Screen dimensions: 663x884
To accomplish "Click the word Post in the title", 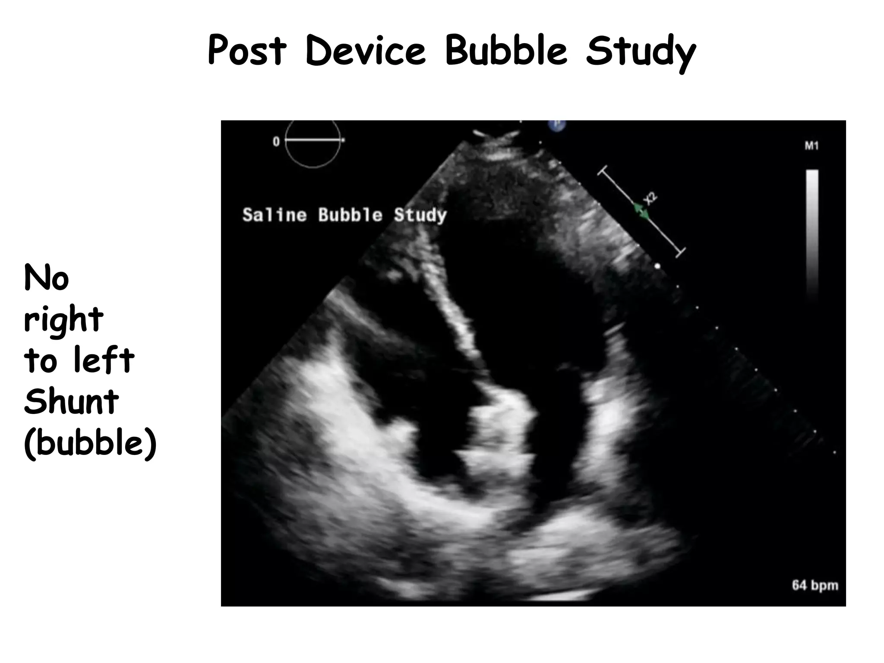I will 247,51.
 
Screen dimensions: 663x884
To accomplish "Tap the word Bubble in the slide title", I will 506,51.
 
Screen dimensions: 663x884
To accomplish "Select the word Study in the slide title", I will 640,53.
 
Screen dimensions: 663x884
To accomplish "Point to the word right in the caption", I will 63,319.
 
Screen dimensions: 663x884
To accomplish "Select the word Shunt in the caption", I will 71,401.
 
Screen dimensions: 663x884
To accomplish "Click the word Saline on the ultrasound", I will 275,215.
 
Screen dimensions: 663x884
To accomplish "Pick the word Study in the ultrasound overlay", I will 420,215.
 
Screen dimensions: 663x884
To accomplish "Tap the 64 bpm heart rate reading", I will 815,585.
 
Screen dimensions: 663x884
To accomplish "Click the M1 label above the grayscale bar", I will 811,146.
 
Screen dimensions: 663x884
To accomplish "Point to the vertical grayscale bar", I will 812,233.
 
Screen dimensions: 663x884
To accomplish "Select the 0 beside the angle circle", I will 276,142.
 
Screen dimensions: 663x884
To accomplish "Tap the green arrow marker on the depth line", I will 641,211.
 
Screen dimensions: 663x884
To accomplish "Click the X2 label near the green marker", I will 650,198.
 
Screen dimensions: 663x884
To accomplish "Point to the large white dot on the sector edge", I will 657,266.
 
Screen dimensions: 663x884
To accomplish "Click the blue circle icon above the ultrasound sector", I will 557,124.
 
